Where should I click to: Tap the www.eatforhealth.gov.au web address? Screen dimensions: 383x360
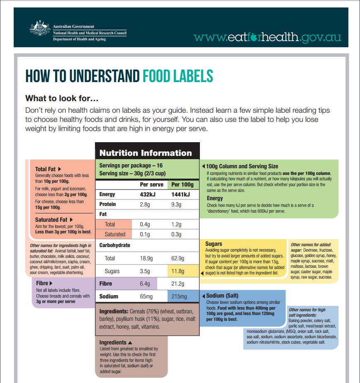point(267,37)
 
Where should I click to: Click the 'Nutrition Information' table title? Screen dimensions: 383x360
point(146,153)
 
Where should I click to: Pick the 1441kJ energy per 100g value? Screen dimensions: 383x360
point(180,194)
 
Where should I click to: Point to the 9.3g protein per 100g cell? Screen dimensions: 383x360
point(176,204)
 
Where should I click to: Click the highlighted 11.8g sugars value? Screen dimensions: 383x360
point(178,271)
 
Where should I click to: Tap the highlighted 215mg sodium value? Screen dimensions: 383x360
point(179,297)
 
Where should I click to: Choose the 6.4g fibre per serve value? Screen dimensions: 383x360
point(145,284)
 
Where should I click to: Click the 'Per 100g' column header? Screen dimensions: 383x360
point(182,184)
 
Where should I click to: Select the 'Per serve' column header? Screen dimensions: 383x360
point(151,184)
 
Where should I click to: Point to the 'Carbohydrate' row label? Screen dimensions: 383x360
point(114,245)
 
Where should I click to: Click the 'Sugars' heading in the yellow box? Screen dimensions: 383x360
point(214,244)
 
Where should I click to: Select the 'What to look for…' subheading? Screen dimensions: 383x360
point(62,98)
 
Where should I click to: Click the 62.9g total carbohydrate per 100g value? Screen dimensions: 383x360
point(178,259)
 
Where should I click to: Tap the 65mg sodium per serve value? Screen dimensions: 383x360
point(146,297)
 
